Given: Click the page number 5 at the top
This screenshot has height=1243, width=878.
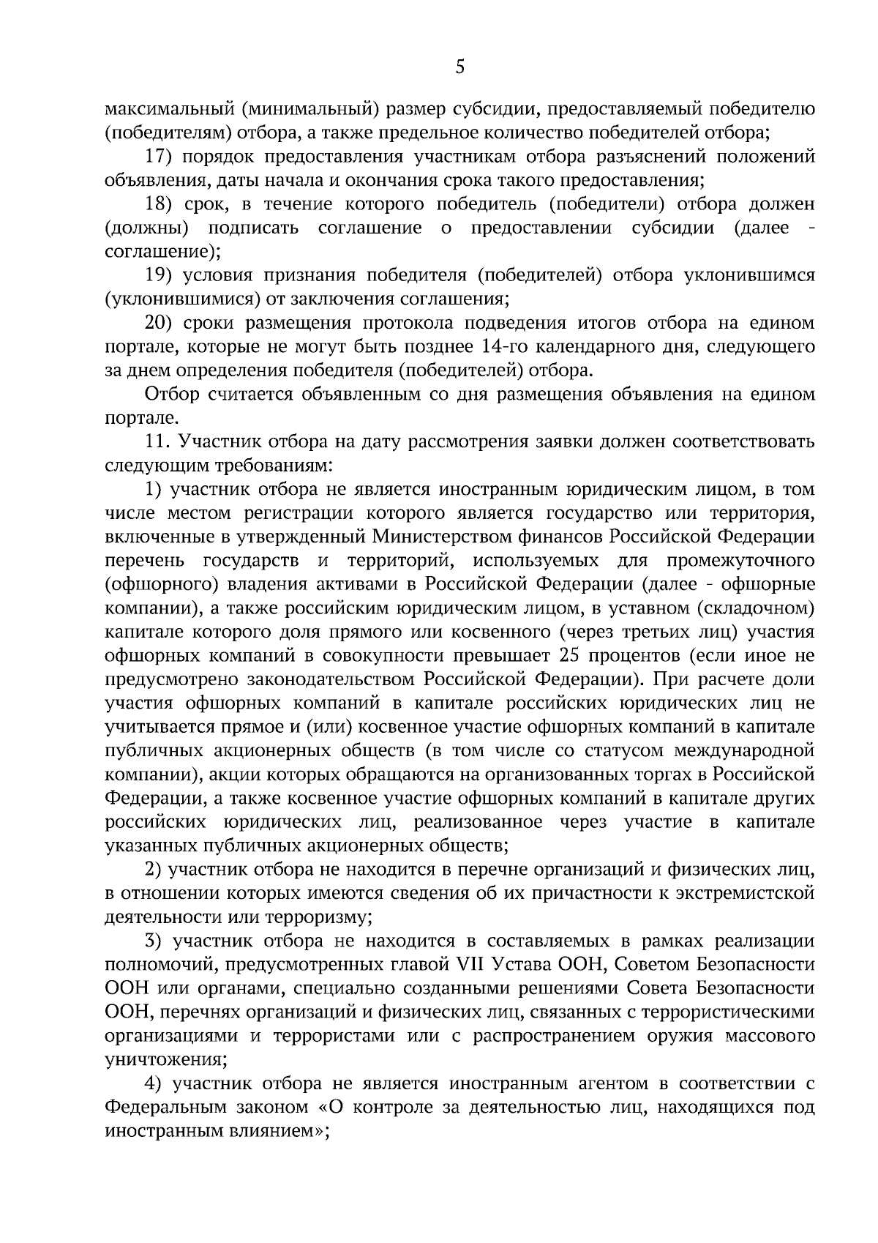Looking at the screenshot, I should [459, 68].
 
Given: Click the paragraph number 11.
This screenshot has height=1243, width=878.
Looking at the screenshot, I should [157, 441].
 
